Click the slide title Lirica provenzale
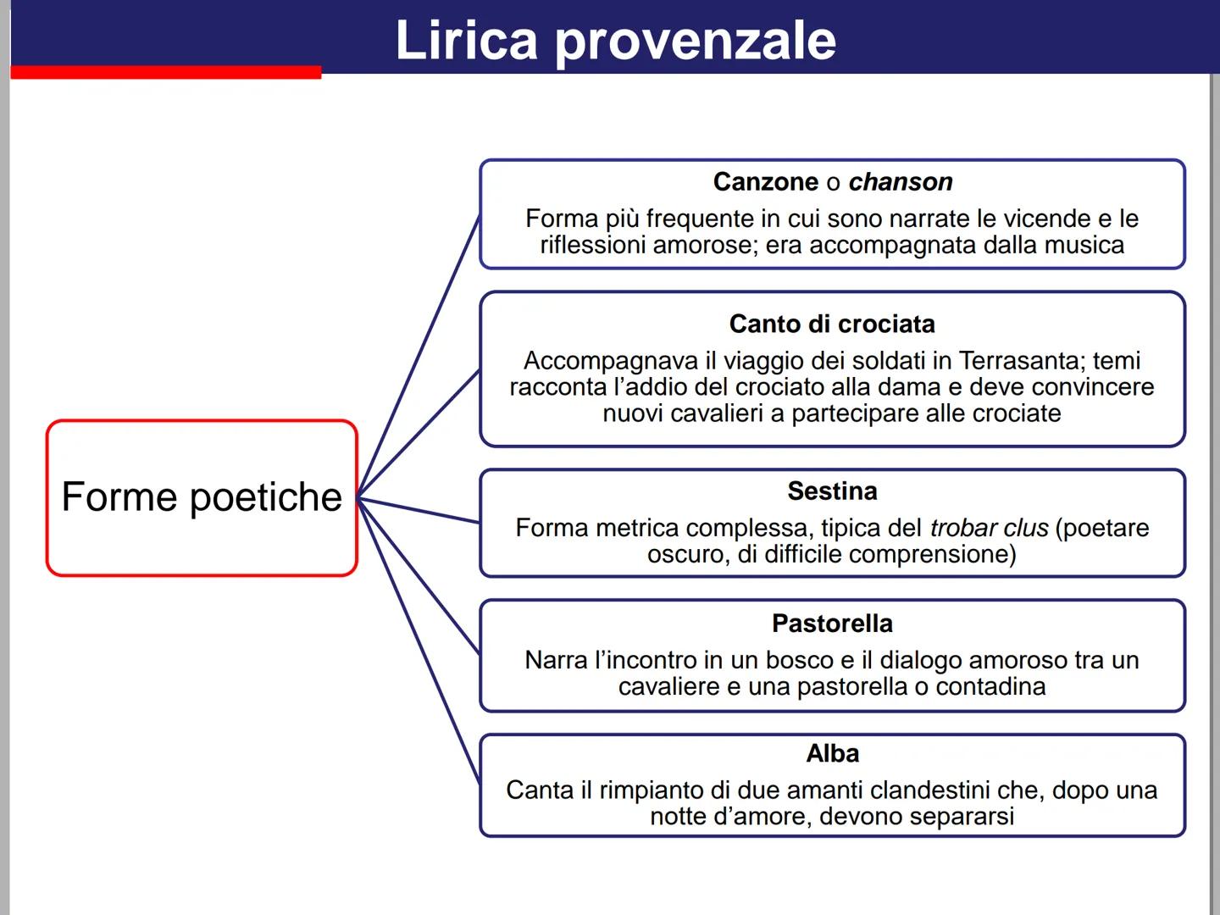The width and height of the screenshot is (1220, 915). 615,40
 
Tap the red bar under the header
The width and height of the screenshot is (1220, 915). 166,73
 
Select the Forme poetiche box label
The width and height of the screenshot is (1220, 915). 202,497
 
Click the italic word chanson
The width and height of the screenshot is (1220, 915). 900,182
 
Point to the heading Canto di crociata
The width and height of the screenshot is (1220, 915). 832,324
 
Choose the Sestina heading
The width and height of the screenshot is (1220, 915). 832,491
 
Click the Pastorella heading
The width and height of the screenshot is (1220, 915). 832,624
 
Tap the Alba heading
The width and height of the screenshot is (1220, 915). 832,753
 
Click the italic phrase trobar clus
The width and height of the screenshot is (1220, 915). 989,528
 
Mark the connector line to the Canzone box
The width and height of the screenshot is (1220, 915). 419,356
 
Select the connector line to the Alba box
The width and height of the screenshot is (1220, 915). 419,640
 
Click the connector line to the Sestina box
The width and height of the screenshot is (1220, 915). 419,510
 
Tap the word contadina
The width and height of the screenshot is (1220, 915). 990,686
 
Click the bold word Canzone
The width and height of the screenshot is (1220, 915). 766,182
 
